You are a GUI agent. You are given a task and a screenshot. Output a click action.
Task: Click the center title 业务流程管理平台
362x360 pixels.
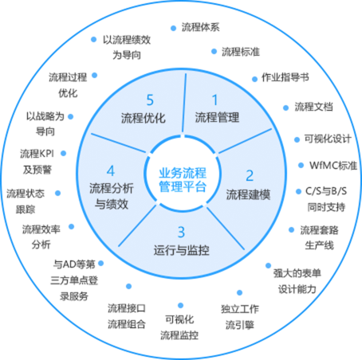click(183, 180)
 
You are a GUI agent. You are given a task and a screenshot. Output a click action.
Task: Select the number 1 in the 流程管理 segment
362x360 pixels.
click(214, 100)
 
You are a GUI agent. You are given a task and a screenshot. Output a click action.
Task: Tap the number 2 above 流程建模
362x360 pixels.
click(250, 175)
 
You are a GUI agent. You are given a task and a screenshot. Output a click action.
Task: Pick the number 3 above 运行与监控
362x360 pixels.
click(181, 233)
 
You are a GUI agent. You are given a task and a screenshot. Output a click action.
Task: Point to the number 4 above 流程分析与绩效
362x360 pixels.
click(111, 170)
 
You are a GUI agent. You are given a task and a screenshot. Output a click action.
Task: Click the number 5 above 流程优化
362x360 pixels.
click(150, 100)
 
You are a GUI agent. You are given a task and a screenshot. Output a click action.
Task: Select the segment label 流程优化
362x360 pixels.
click(144, 118)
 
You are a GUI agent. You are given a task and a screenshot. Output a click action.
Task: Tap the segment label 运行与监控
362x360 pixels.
click(181, 250)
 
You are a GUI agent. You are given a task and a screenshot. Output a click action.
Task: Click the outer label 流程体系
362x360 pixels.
click(201, 27)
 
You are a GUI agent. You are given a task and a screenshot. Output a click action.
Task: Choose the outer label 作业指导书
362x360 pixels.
click(285, 77)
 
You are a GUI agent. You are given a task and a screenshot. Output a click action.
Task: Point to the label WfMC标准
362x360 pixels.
click(333, 166)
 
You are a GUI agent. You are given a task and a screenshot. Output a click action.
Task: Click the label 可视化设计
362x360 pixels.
click(328, 139)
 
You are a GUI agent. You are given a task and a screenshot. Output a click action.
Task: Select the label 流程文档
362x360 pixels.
click(313, 107)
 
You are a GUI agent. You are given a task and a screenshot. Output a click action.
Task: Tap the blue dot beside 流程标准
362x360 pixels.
click(214, 52)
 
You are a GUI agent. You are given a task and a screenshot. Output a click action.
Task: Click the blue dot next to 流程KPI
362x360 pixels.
click(63, 153)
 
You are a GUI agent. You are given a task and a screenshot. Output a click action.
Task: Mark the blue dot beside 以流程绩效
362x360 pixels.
click(93, 39)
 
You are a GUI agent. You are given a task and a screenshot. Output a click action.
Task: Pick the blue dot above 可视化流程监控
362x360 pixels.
click(180, 306)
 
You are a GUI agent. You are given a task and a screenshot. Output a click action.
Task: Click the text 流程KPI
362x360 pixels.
click(37, 154)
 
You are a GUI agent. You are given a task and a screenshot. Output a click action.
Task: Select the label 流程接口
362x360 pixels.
click(127, 308)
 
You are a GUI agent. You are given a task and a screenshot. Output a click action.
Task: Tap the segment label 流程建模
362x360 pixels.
click(248, 194)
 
